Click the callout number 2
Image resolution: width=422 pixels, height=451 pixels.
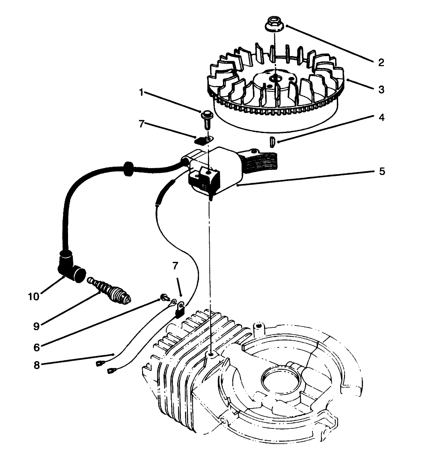(381, 62)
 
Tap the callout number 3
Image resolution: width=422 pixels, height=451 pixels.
(381, 90)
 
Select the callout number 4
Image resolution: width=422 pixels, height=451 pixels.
(381, 117)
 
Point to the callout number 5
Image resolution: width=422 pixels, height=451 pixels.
(381, 172)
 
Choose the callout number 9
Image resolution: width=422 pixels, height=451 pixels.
(37, 326)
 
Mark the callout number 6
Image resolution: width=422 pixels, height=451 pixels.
(37, 347)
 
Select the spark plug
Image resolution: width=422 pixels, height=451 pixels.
(110, 291)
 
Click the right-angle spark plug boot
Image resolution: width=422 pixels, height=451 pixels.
(70, 267)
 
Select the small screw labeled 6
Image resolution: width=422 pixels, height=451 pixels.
(163, 297)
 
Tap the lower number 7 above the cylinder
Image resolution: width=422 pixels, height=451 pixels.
(176, 265)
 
